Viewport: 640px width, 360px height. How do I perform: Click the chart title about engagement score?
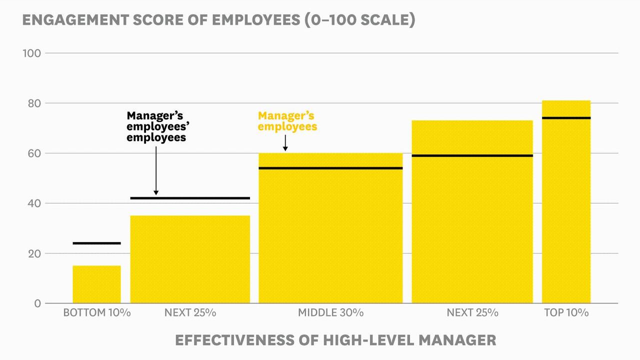coord(218,20)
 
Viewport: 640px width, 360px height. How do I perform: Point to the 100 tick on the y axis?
coord(31,53)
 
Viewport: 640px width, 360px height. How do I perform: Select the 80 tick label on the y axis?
coord(31,103)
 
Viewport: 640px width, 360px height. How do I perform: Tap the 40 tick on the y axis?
coord(31,203)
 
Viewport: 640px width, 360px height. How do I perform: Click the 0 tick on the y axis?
coord(37,303)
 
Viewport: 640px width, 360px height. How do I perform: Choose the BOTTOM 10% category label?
coord(96,313)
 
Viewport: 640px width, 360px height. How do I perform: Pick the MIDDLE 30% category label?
coord(330,313)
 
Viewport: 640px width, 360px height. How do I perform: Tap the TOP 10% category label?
coord(566,313)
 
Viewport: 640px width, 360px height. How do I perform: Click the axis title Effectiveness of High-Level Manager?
coord(335,340)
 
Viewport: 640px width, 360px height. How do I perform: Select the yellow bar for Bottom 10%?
coord(96,284)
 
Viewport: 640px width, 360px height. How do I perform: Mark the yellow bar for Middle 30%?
coord(330,235)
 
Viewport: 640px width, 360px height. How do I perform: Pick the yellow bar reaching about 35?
coord(190,259)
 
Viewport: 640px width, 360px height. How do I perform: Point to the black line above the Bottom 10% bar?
coord(96,243)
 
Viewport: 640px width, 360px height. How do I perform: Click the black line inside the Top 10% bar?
coord(566,118)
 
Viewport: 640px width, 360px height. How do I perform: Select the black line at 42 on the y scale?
coord(190,198)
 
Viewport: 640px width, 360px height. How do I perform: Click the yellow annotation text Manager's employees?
coord(287,121)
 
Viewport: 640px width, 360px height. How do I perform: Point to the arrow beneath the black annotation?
coord(156,170)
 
